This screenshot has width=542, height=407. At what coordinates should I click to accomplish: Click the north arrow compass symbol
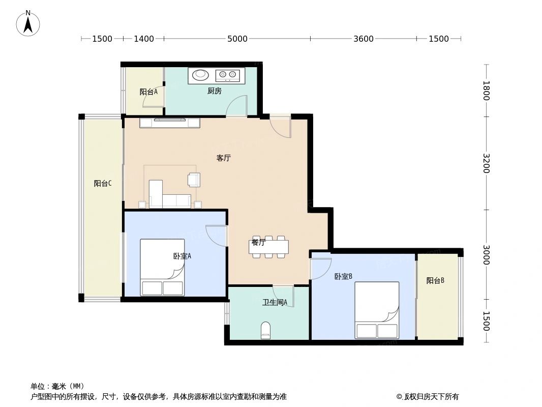pos(28,23)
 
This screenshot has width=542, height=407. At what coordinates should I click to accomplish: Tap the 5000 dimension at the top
pos(237,39)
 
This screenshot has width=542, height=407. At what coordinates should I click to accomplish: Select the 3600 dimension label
pos(364,39)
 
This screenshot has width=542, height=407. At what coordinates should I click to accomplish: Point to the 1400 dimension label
pos(144,39)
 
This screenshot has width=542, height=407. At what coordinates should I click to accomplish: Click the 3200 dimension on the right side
pos(486,163)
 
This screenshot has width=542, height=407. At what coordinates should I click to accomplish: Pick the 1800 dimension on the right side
pos(486,91)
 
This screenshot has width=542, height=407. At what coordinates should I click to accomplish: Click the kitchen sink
pos(201,75)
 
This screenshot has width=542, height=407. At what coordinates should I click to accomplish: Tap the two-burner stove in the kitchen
pos(227,75)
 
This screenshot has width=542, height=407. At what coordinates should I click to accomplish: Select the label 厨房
pos(214,91)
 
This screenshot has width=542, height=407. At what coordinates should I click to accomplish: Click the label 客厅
pos(224,158)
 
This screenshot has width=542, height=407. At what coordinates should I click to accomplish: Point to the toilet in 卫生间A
pos(265,331)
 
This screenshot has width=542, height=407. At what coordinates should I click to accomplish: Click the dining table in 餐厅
pos(269,247)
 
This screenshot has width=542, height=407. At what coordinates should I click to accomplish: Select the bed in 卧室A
pos(163,267)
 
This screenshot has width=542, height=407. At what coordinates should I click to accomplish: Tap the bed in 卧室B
pos(377,310)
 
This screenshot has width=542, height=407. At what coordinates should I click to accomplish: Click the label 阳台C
pos(103,184)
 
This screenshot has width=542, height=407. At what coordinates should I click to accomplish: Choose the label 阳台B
pos(436,280)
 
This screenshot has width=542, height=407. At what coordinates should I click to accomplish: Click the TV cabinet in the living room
pos(170,123)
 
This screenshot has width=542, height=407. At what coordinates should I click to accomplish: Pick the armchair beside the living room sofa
pos(194,180)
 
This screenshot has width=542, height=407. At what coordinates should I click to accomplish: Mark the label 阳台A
pos(148,92)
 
